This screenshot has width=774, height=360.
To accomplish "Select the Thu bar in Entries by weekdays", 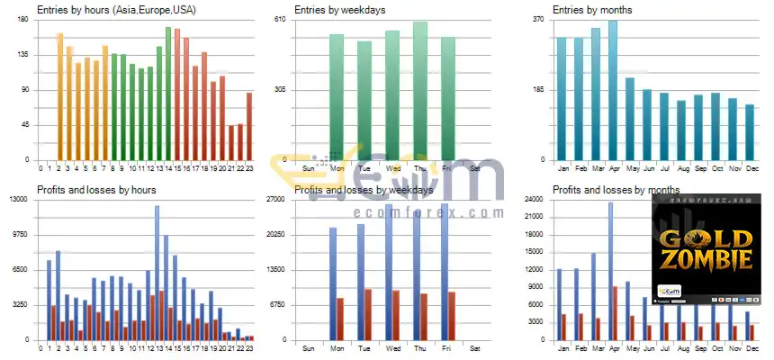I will (420, 90).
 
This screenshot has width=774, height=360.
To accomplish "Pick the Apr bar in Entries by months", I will (613, 90).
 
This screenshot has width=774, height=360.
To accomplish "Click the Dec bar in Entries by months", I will (750, 132).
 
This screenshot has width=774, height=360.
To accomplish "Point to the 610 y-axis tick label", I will (279, 20).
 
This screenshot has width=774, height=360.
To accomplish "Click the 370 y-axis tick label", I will (537, 20).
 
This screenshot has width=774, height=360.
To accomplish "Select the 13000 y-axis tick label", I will (20, 200).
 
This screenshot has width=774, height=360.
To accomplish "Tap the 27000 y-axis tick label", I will (275, 200).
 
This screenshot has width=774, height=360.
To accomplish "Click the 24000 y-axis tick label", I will (534, 200).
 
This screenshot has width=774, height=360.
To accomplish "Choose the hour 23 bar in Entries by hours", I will (249, 126).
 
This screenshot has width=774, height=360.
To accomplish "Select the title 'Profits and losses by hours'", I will (96, 190).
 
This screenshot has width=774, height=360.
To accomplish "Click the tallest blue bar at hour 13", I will (157, 270).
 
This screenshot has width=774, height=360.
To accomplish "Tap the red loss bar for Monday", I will (340, 319).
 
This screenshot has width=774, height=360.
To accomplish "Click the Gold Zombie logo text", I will (706, 250).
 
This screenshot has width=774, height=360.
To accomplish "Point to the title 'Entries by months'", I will (594, 10).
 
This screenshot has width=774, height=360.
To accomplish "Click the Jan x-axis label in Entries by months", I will (563, 168).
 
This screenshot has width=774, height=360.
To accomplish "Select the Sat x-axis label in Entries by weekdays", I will (475, 168).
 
